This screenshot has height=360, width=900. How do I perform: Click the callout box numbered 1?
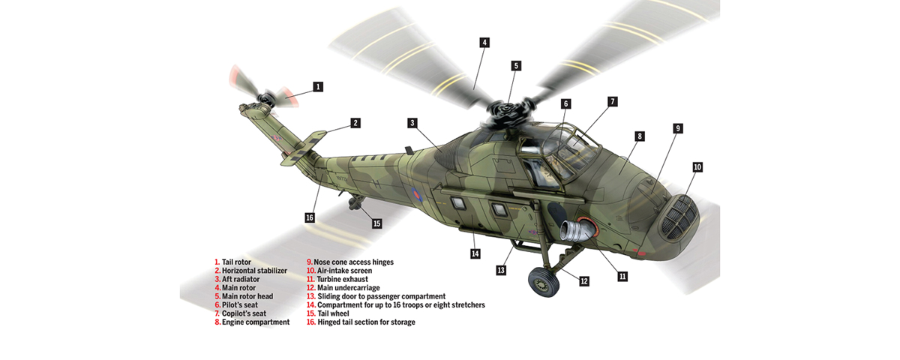pyautogui.click(x=319, y=87)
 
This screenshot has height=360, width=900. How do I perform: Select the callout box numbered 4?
pyautogui.click(x=484, y=43)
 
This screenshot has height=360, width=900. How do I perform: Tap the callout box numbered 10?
pyautogui.click(x=697, y=167)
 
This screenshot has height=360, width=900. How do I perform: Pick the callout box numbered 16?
pyautogui.click(x=309, y=217)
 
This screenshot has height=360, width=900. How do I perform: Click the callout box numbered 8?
pyautogui.click(x=639, y=136)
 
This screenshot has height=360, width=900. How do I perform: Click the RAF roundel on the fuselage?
pyautogui.click(x=414, y=195)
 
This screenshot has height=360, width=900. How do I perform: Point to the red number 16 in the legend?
pyautogui.click(x=310, y=322)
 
